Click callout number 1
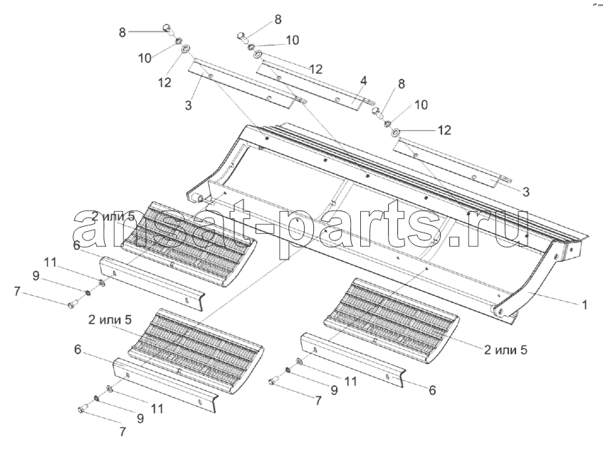pyautogui.click(x=584, y=305)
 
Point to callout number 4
pyautogui.click(x=363, y=80)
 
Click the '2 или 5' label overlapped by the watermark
pyautogui.click(x=113, y=216)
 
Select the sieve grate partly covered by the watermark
pyautogui.click(x=189, y=245)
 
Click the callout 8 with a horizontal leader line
pyautogui.click(x=122, y=32)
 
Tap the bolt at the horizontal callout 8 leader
pyautogui.click(x=168, y=29)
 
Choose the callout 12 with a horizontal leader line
pyautogui.click(x=444, y=130)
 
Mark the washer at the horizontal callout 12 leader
pyautogui.click(x=395, y=133)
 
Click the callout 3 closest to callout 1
pyautogui.click(x=525, y=192)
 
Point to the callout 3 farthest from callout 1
pyautogui.click(x=188, y=105)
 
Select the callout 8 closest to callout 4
pyautogui.click(x=401, y=84)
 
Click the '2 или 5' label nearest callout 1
pyautogui.click(x=505, y=350)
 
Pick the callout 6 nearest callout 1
pyautogui.click(x=432, y=390)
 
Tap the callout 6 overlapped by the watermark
pyautogui.click(x=76, y=245)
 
